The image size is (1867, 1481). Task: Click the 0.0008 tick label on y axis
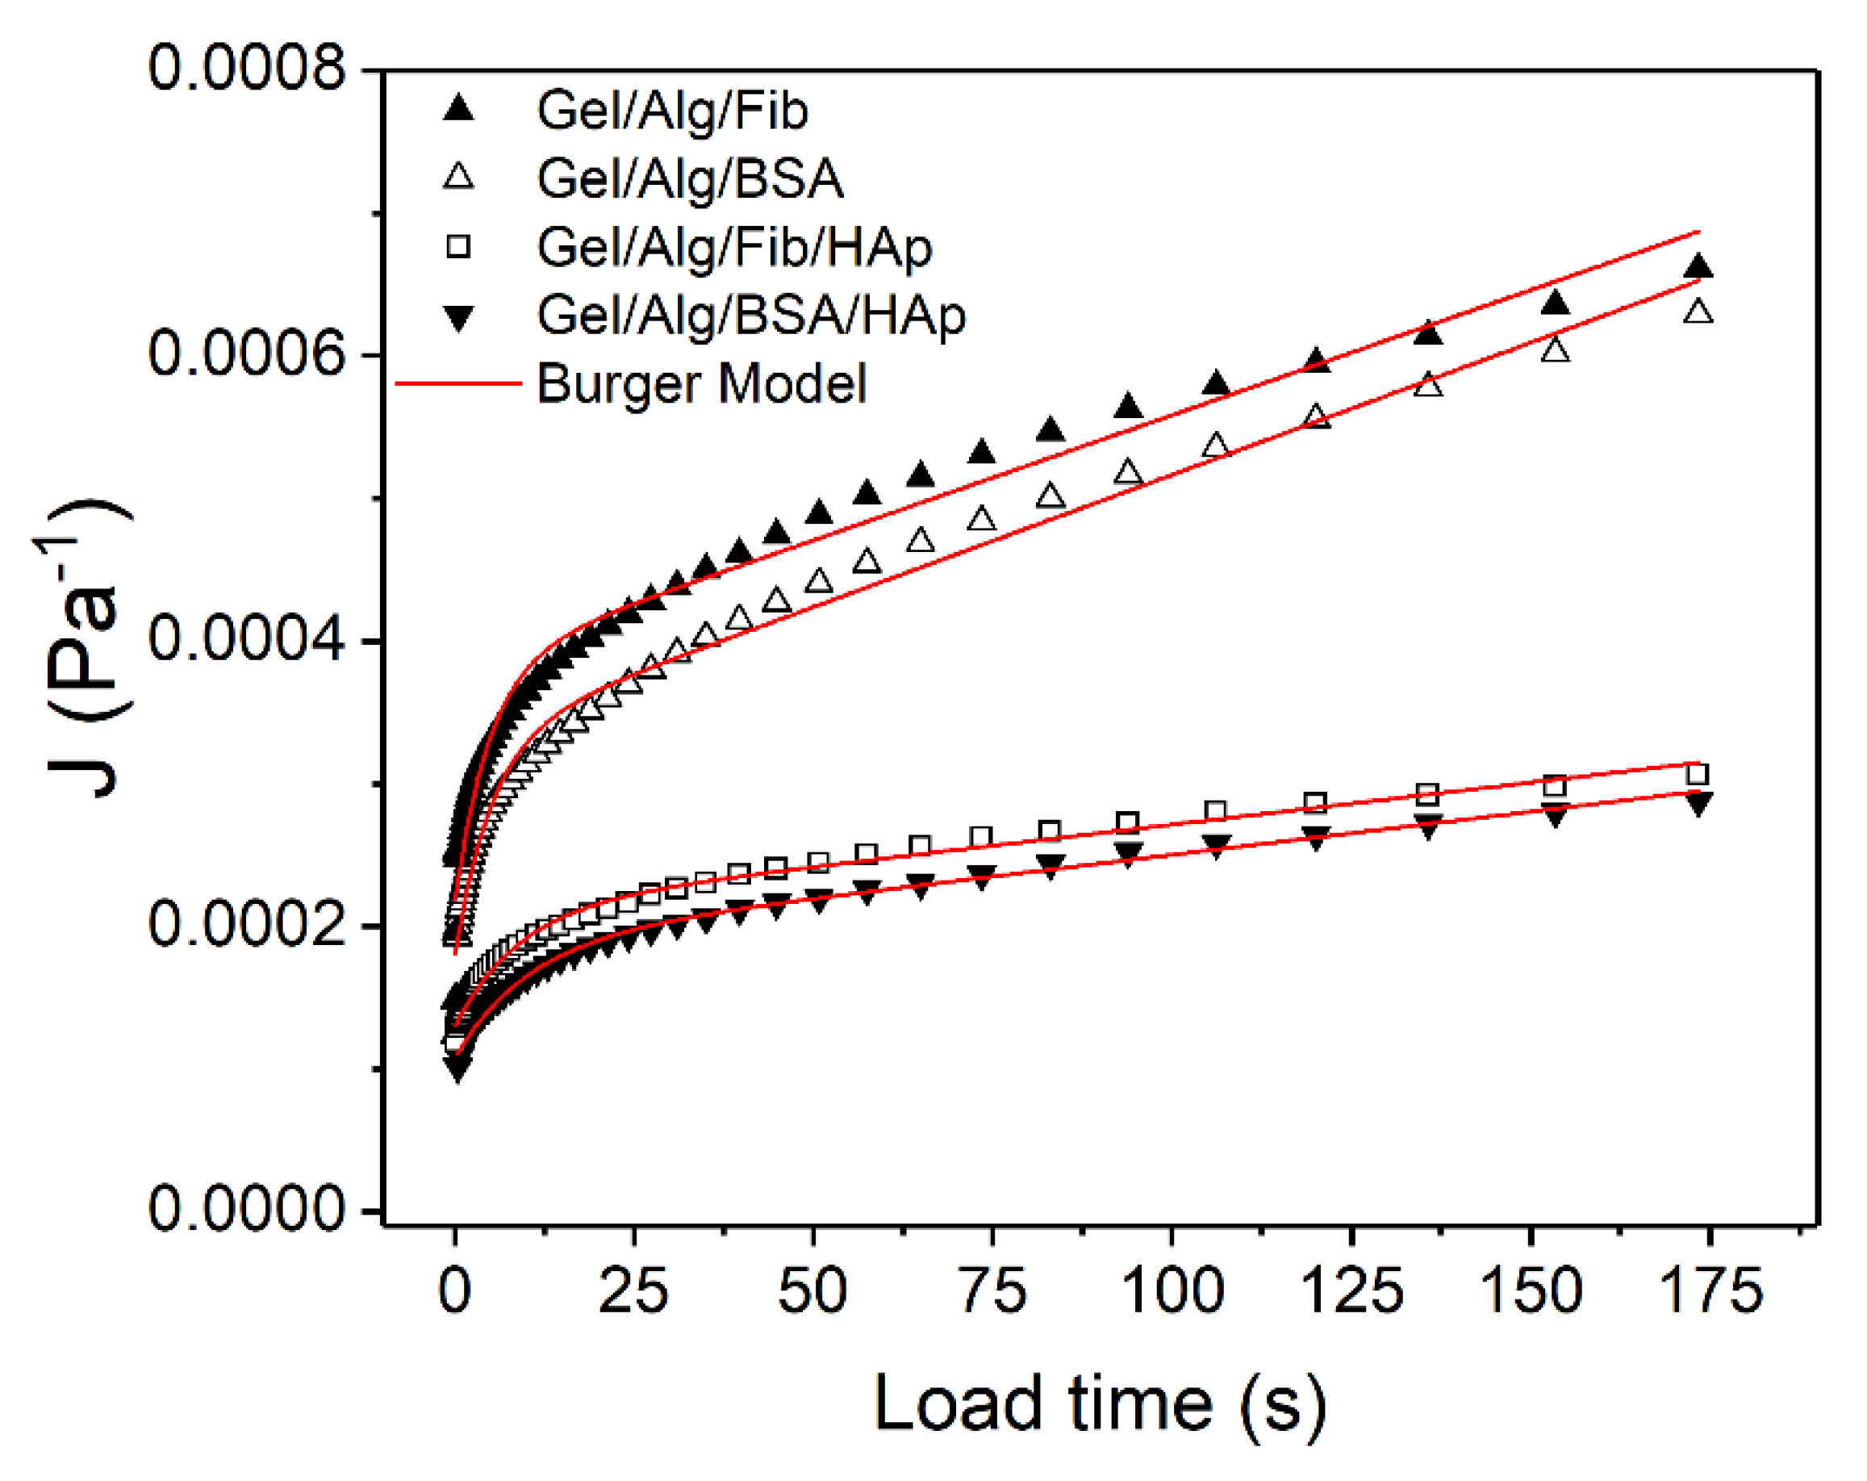(247, 69)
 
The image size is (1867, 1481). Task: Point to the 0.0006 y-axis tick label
(247, 354)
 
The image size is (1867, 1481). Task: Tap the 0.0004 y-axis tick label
(247, 640)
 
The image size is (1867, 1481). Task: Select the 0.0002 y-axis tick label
(247, 925)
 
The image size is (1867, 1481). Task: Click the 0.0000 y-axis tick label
(247, 1210)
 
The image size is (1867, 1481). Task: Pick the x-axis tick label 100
(1172, 1292)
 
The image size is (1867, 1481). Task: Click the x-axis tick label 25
(633, 1292)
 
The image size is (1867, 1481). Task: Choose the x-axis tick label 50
(812, 1292)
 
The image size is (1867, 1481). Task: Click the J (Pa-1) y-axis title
(82, 650)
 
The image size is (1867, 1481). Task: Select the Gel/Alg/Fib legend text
(672, 111)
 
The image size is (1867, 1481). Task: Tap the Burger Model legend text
(701, 383)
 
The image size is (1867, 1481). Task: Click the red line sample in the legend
(458, 383)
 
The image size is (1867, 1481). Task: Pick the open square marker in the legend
(458, 248)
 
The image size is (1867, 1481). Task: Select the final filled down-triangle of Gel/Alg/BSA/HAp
(1698, 805)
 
